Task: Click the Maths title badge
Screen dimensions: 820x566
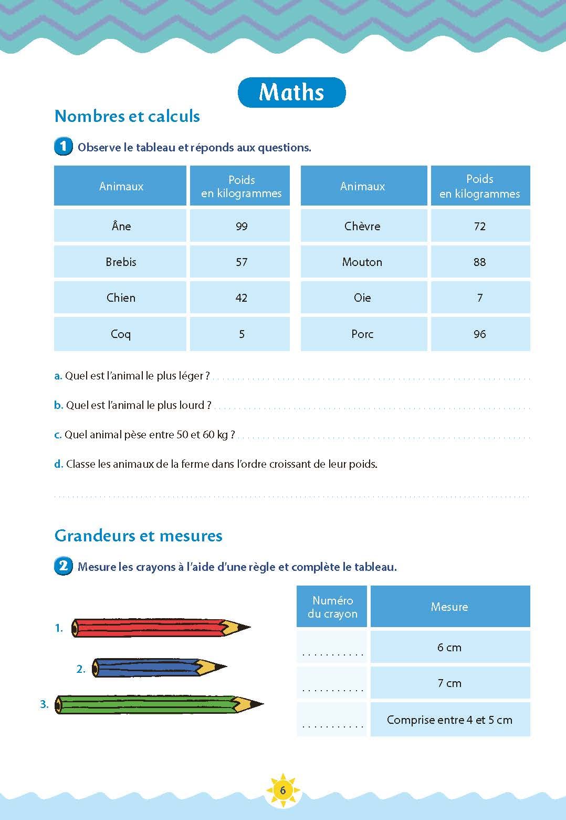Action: point(291,92)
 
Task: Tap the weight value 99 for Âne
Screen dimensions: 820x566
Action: point(241,226)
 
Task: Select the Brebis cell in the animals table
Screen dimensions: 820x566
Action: point(121,262)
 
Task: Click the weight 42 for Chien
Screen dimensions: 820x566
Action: point(241,298)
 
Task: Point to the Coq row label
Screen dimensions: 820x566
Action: point(121,334)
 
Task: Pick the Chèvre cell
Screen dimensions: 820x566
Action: point(362,226)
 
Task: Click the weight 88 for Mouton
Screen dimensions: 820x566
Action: point(479,262)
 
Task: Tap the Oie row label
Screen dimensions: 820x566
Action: point(362,298)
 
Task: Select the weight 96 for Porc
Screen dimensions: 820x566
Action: point(479,334)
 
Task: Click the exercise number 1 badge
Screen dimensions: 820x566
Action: point(63,146)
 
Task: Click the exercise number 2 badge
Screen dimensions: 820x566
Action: point(63,566)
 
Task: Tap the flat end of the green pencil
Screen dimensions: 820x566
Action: point(59,704)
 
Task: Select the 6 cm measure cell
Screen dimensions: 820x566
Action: point(449,647)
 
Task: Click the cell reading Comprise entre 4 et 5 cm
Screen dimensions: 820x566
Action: point(449,720)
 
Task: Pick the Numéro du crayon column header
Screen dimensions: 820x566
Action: point(332,607)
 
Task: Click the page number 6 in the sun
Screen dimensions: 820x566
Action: point(283,790)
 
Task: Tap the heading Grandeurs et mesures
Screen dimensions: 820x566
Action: point(139,536)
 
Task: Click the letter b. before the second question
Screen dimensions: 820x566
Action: point(58,405)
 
